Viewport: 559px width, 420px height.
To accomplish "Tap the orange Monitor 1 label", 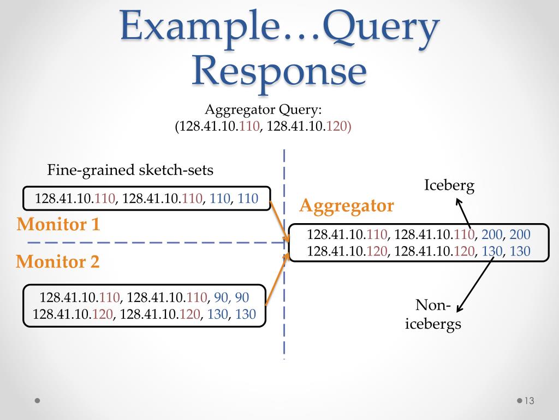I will [x=58, y=224].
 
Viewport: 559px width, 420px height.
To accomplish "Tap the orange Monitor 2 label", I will [x=58, y=262].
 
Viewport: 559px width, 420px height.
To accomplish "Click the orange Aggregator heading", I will [x=347, y=206].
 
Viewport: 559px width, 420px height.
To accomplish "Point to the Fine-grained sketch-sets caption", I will [x=130, y=170].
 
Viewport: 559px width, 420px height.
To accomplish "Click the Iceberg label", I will [x=449, y=185].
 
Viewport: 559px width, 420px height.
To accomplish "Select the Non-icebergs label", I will [x=433, y=314].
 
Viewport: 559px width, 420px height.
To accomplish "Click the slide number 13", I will [x=528, y=401].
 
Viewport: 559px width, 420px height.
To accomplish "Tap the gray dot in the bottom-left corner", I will [x=37, y=400].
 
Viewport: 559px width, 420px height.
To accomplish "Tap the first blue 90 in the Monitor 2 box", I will [x=220, y=298].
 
